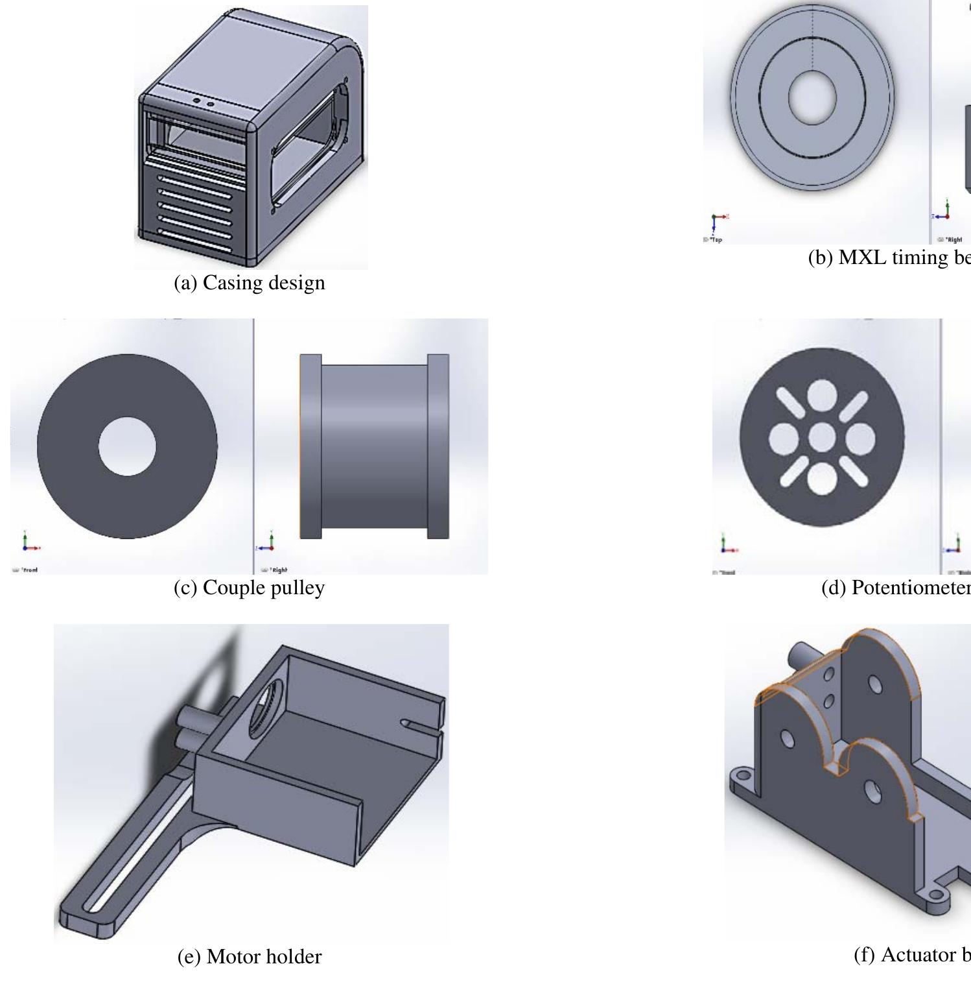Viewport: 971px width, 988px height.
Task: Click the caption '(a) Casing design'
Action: (x=250, y=283)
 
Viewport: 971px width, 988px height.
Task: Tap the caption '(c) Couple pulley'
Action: (x=250, y=587)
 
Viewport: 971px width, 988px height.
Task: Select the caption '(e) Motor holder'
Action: (x=250, y=956)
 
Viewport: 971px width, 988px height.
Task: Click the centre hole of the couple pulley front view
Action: (x=128, y=446)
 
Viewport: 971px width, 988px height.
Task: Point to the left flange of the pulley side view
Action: (x=310, y=446)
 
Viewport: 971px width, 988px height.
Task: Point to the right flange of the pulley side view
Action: (x=438, y=446)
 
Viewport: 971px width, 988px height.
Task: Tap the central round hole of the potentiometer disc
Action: (x=821, y=437)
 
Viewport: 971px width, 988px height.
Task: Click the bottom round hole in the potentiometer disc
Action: (x=821, y=479)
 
